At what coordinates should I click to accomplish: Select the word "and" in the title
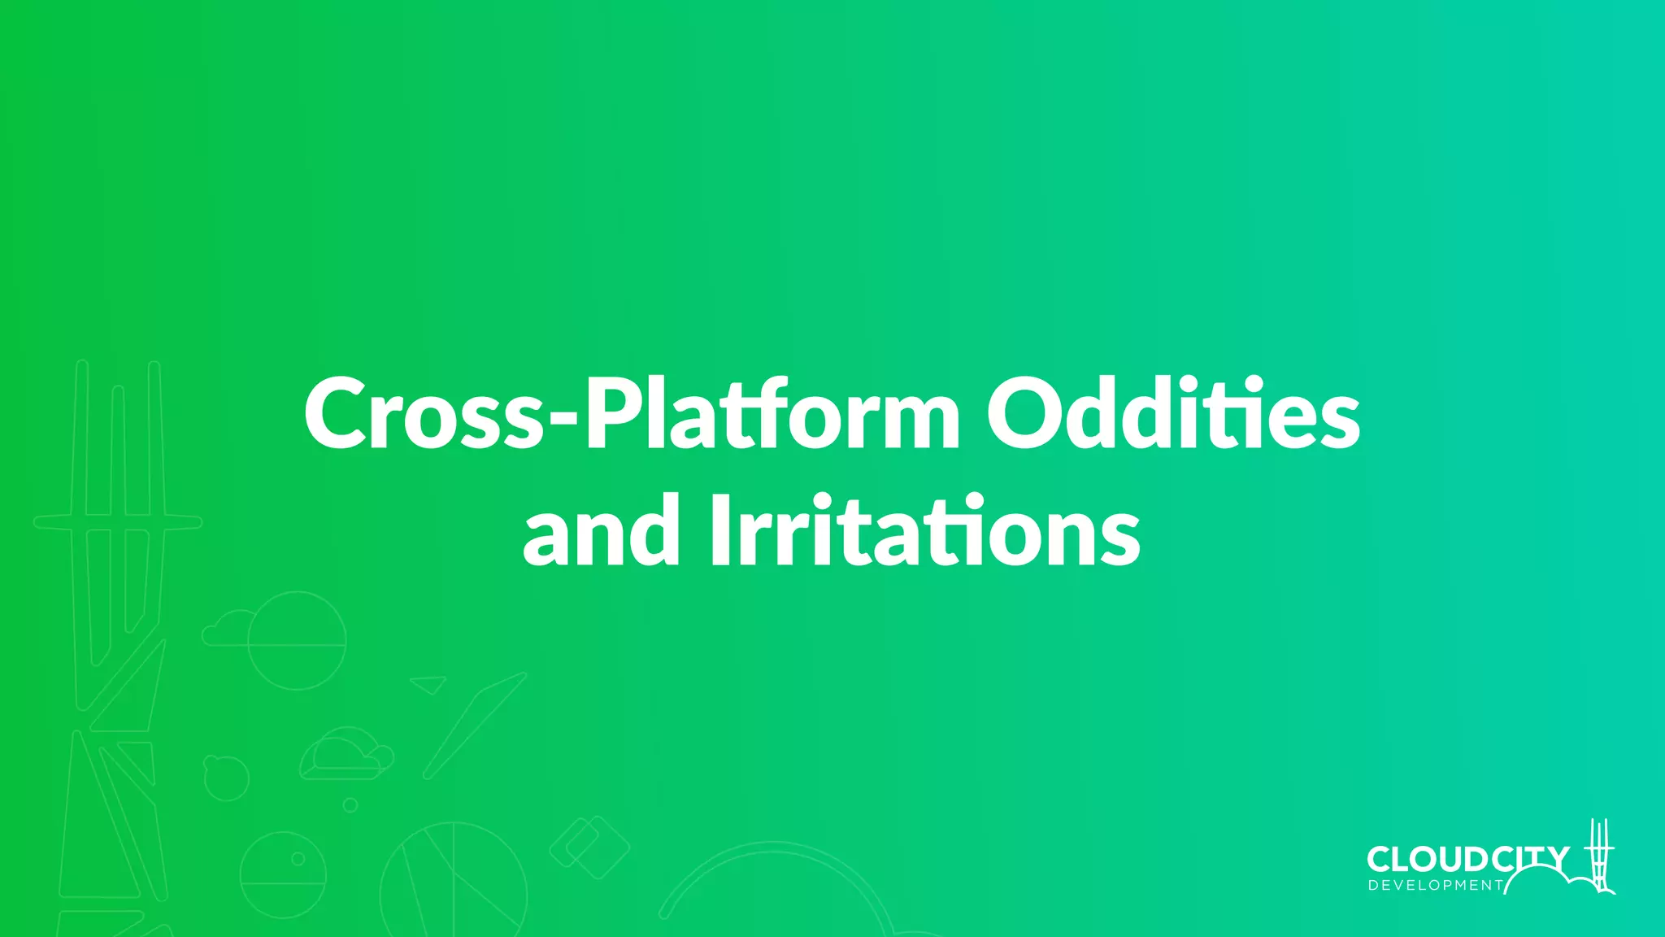(x=601, y=532)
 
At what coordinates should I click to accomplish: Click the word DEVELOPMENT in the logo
(x=1436, y=886)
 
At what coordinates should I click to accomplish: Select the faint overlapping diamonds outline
(x=590, y=847)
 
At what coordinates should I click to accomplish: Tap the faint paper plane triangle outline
(x=428, y=684)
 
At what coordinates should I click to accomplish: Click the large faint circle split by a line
(x=297, y=642)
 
